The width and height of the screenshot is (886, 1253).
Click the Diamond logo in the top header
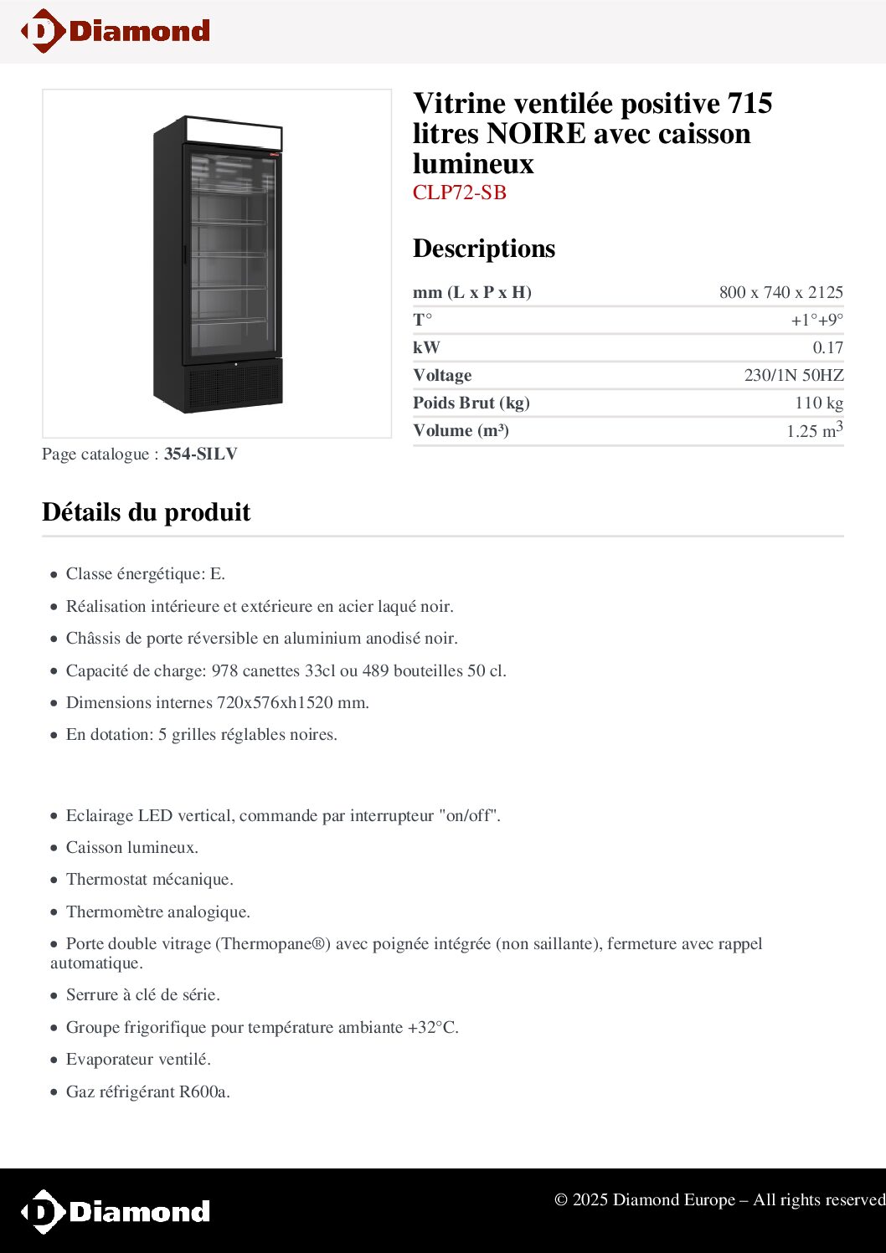point(116,31)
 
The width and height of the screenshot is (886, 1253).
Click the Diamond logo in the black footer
point(116,1211)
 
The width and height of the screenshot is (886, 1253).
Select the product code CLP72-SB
point(459,193)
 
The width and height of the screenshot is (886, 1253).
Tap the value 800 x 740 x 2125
point(780,292)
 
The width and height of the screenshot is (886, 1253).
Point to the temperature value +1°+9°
point(816,320)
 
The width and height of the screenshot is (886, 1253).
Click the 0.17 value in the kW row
point(827,347)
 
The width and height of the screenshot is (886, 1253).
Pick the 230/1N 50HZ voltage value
point(793,375)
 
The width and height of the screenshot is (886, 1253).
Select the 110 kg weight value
point(818,403)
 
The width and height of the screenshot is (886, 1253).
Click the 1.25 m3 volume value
point(814,430)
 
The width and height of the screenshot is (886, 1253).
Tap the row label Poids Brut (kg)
point(471,403)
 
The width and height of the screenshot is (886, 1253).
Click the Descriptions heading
point(483,249)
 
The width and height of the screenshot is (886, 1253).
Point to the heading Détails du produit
point(147,512)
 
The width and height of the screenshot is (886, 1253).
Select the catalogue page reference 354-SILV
point(200,454)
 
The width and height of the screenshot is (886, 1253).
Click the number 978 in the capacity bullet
point(225,670)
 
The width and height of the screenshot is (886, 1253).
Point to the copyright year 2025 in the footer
point(590,1199)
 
